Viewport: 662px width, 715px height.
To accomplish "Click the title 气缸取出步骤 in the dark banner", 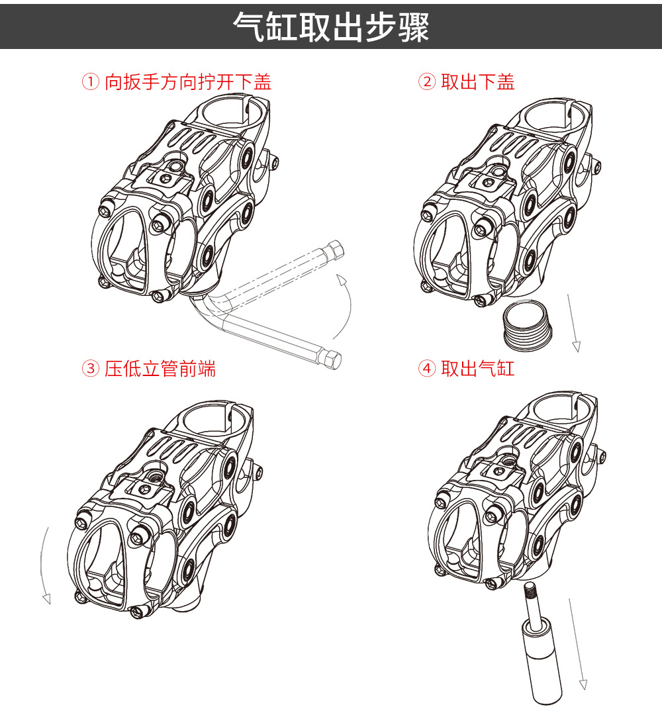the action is [x=331, y=27].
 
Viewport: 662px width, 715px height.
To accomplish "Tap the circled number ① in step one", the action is [x=91, y=82].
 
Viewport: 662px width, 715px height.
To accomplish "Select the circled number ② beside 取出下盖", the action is [x=427, y=82].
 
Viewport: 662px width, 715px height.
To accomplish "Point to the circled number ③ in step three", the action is [x=91, y=369].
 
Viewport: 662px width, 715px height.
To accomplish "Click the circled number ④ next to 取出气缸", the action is [x=427, y=369].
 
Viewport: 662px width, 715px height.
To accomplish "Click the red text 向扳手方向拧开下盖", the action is [x=188, y=82].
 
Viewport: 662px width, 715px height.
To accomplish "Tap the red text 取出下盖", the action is [x=478, y=82].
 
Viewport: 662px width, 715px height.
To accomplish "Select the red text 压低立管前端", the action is [x=160, y=369].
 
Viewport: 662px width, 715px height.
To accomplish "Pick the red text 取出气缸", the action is [x=478, y=369].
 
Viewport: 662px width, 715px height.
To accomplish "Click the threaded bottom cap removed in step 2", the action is [x=528, y=325].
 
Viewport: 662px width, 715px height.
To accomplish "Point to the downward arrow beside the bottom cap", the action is [x=573, y=323].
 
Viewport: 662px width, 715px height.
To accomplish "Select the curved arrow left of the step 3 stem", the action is [x=42, y=565].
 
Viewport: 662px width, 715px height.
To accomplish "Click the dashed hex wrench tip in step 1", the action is [x=336, y=249].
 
